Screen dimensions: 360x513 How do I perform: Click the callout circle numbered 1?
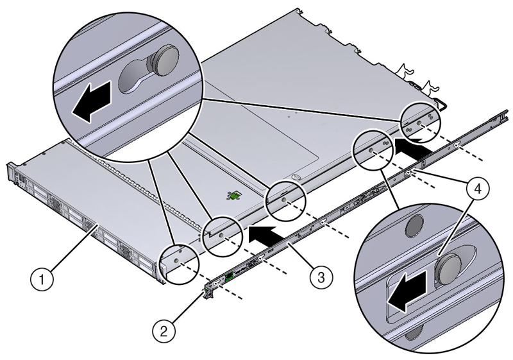[44, 279]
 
